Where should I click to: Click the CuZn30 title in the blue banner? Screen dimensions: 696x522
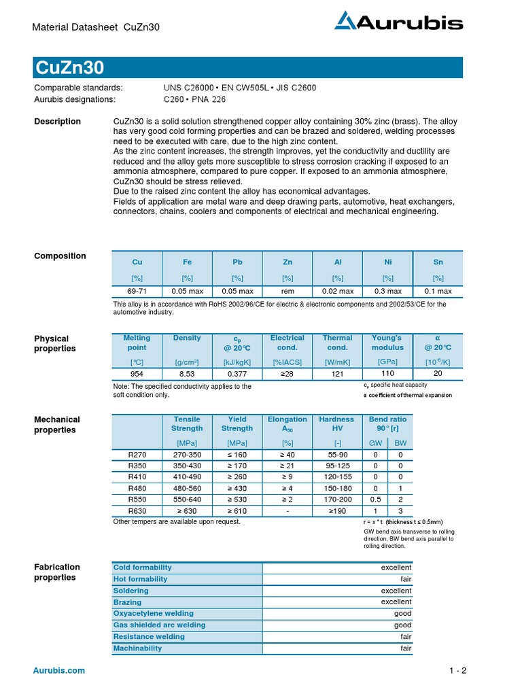click(x=69, y=68)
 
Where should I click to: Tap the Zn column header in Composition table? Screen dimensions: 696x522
click(x=288, y=262)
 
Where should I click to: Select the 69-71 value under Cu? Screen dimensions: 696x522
click(x=137, y=291)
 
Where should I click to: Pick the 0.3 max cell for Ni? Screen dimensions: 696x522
click(x=388, y=291)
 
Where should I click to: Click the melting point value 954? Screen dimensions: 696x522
click(x=137, y=373)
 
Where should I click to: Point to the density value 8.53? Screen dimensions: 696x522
click(x=187, y=373)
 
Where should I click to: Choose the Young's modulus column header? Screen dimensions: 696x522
click(x=387, y=343)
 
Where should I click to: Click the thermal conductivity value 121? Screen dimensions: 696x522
click(x=337, y=373)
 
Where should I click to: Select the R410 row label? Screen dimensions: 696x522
click(x=137, y=477)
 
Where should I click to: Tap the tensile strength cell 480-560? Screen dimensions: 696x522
click(x=187, y=489)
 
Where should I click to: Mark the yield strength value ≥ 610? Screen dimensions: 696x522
click(x=237, y=510)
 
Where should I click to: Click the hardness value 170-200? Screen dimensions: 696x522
click(x=337, y=500)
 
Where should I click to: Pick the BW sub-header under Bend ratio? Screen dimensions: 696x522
click(x=400, y=442)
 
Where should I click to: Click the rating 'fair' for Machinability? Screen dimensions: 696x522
click(x=405, y=648)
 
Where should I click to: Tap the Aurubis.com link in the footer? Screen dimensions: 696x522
click(x=60, y=671)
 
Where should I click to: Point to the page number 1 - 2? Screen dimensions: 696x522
click(x=457, y=671)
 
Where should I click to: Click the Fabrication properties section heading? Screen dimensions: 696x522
click(x=57, y=572)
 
